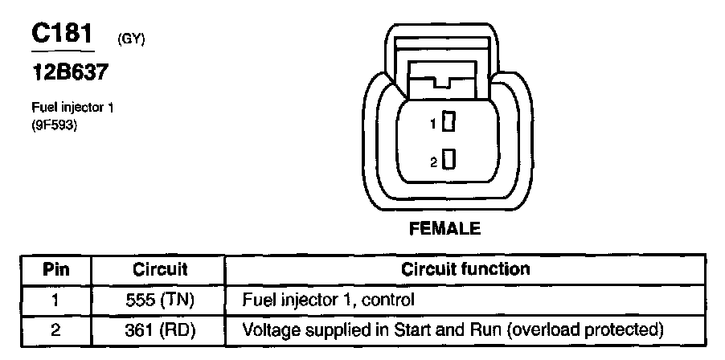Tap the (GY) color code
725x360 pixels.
pos(130,39)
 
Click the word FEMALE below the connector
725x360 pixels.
pos(444,229)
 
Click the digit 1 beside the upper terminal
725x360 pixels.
pos(432,124)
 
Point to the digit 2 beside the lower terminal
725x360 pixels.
pos(433,163)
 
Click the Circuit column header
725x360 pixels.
pos(160,269)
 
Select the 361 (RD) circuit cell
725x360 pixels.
pos(160,329)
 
